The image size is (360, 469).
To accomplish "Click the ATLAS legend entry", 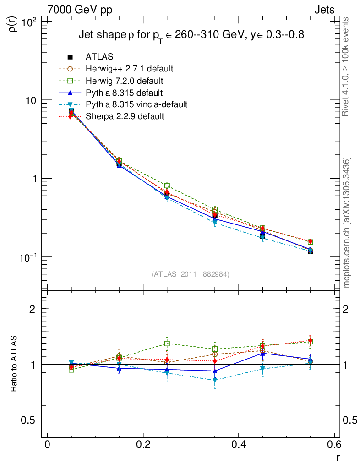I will [x=99, y=57].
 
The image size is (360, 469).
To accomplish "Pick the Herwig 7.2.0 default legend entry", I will [x=125, y=81].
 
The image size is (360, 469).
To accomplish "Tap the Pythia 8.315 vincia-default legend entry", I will [x=136, y=104].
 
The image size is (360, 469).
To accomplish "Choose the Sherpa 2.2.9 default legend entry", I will [x=125, y=116].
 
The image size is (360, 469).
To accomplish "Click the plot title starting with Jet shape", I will [x=191, y=35].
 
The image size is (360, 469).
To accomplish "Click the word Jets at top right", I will [x=324, y=10].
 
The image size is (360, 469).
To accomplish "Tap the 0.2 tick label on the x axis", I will [x=143, y=445].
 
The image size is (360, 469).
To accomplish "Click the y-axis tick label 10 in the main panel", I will [x=33, y=100].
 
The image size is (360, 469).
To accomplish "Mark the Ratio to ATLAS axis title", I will [x=14, y=364].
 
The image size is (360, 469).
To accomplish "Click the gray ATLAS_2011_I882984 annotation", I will [x=191, y=274].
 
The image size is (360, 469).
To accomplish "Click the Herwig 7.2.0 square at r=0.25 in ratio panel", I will [x=167, y=344].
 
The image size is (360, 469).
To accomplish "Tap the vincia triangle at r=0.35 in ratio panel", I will [x=215, y=380].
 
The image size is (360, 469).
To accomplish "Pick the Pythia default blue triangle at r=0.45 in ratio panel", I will [x=262, y=354].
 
